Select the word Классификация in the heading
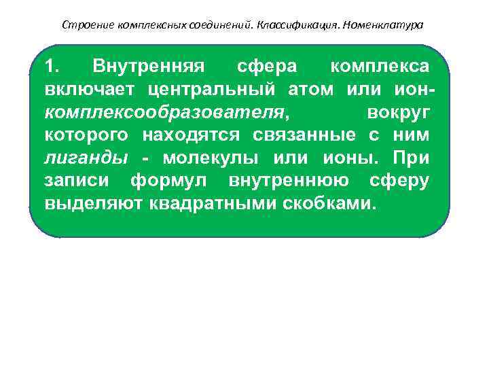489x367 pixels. click(300, 25)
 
